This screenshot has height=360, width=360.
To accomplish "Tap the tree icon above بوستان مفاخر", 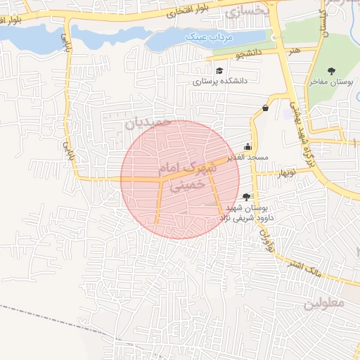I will pyautogui.click(x=331, y=70).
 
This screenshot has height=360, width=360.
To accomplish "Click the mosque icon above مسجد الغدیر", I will pyautogui.click(x=247, y=146).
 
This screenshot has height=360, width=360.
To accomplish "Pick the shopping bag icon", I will pyautogui.click(x=265, y=108).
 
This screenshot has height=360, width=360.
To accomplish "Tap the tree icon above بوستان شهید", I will pyautogui.click(x=245, y=198).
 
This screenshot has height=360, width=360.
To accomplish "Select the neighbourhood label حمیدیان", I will pyautogui.click(x=148, y=123).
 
